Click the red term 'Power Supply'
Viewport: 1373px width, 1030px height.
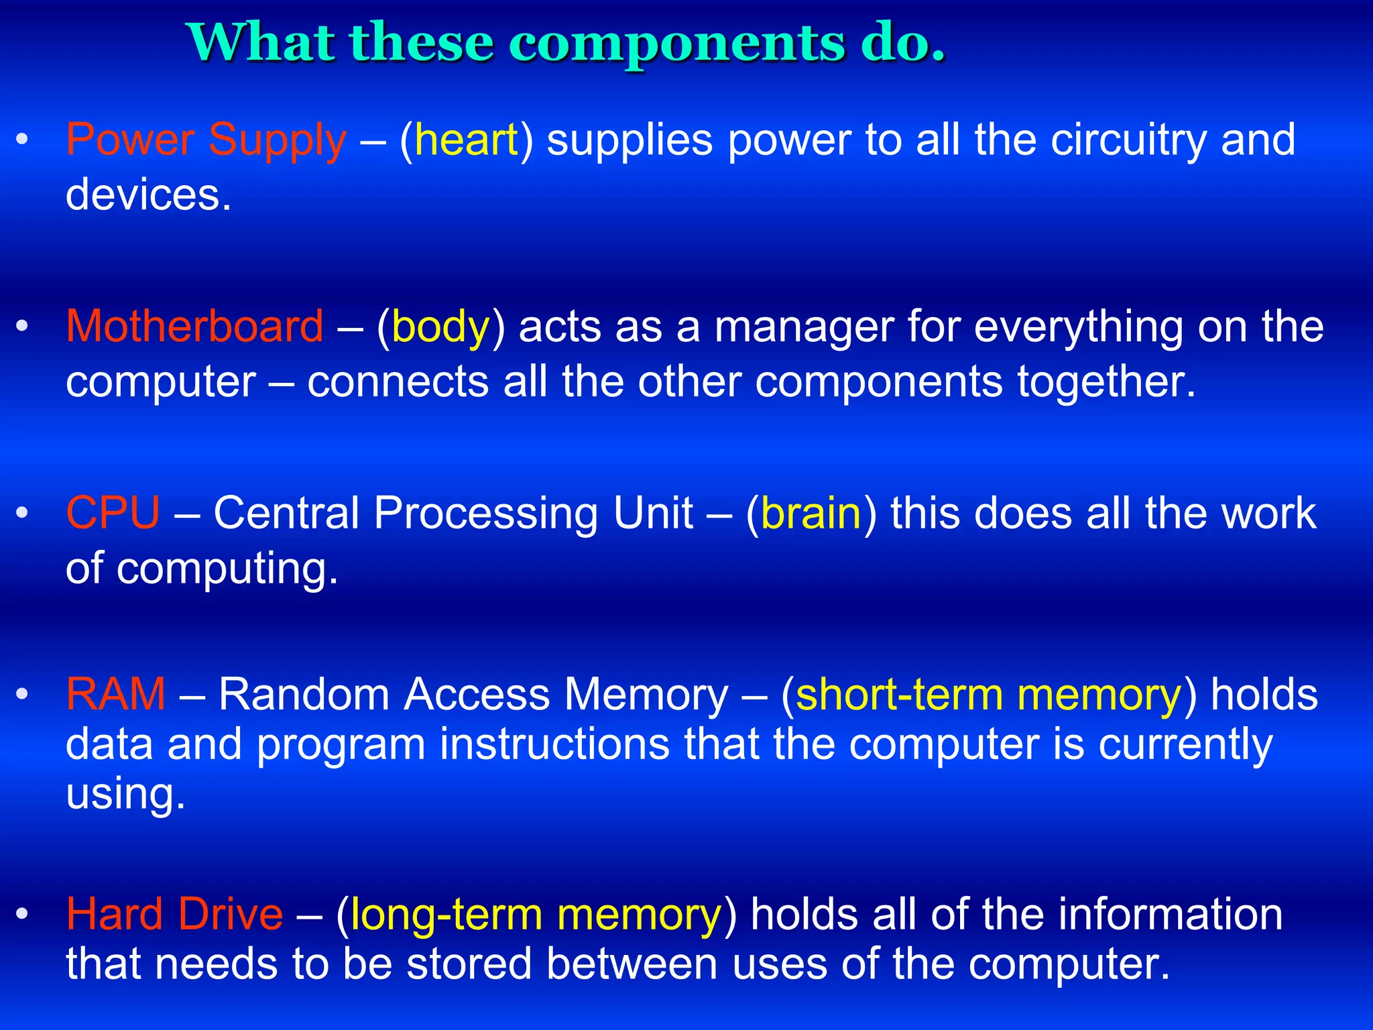[x=206, y=141]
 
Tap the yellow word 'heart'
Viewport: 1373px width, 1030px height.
[x=467, y=141]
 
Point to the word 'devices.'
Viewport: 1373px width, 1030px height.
[x=149, y=195]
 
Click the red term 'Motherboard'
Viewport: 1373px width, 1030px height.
[x=194, y=327]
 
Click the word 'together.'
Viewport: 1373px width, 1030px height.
[x=1106, y=382]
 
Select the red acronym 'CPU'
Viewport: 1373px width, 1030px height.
[x=113, y=514]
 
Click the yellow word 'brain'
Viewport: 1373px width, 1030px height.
[x=811, y=514]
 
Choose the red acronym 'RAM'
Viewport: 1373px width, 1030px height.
[x=115, y=694]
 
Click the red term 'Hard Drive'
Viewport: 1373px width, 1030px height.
[x=174, y=915]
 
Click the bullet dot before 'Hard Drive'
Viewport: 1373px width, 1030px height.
[x=22, y=915]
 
